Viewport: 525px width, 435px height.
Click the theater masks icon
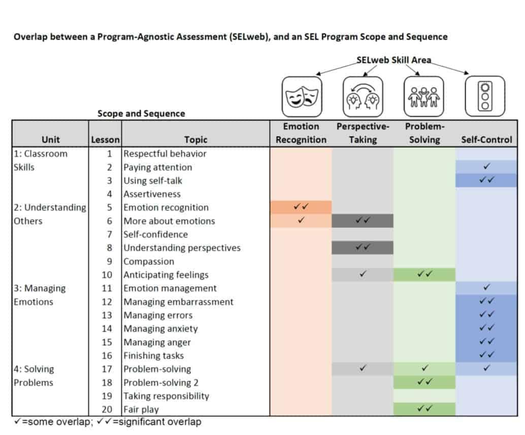(x=302, y=96)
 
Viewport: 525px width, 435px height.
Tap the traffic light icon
(x=484, y=96)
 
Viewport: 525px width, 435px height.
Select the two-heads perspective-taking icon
(x=363, y=96)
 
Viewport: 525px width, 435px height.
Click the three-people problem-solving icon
(x=423, y=96)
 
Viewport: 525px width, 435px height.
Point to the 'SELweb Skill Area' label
(x=393, y=60)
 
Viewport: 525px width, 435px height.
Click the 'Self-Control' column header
(x=486, y=140)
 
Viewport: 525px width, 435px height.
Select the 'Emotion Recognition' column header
(x=301, y=133)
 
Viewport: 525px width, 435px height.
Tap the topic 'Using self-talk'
(x=153, y=181)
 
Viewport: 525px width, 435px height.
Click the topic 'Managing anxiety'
(x=161, y=329)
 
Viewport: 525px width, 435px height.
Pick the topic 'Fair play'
(x=141, y=409)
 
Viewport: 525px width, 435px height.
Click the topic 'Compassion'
(x=149, y=261)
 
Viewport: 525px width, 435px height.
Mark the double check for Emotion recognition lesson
(x=301, y=207)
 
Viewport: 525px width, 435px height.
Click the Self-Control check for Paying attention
(x=486, y=166)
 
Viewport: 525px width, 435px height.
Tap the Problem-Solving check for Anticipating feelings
(x=424, y=274)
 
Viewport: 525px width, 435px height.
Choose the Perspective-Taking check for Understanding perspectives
(x=363, y=247)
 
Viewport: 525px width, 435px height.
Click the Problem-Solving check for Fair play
(x=424, y=409)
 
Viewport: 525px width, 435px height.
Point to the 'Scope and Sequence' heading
(x=141, y=114)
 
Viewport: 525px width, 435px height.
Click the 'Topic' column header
(x=196, y=140)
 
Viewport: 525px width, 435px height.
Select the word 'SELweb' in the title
(x=244, y=37)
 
